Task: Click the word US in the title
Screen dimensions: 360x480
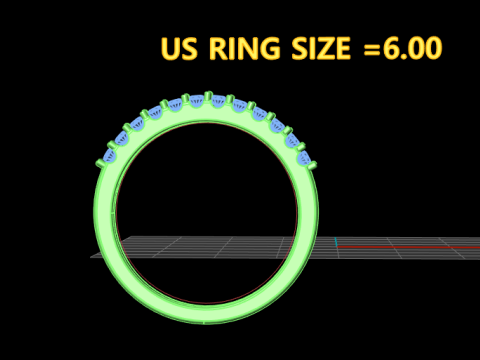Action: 180,49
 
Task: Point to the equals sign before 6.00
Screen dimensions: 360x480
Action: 372,50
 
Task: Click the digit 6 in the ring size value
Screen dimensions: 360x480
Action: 391,49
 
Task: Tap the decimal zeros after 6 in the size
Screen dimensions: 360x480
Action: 425,49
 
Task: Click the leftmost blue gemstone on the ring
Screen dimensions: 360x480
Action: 109,156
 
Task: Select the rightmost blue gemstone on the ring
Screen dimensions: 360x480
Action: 303,156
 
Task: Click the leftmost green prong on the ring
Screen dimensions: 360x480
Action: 100,163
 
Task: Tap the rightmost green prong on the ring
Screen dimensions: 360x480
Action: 312,163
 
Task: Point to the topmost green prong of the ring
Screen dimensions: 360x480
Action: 208,97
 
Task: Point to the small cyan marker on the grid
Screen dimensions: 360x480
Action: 337,243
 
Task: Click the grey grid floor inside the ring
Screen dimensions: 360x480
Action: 200,246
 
